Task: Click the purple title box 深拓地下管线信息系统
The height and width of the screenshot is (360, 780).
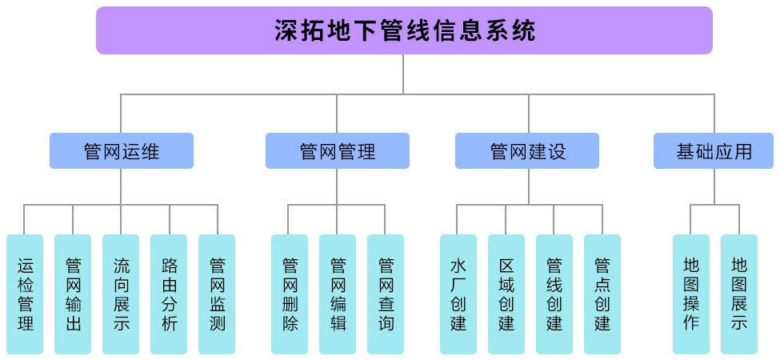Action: (404, 30)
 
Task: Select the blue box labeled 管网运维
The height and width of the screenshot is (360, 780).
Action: (122, 150)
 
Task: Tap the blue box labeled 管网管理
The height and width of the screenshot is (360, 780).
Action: (337, 150)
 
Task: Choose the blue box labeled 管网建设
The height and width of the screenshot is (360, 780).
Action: (527, 150)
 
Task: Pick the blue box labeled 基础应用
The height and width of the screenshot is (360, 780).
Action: (714, 150)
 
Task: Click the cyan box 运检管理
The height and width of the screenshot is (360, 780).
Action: (25, 294)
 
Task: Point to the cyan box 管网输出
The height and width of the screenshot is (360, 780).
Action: (73, 294)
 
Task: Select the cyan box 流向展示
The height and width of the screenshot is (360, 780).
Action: (121, 294)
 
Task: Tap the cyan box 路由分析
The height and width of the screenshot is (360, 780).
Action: (169, 294)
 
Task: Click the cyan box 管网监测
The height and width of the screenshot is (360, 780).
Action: (217, 294)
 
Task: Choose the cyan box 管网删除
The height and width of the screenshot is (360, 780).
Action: (290, 294)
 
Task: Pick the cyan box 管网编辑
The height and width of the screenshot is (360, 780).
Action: (338, 294)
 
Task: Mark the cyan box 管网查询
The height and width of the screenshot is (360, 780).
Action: (386, 294)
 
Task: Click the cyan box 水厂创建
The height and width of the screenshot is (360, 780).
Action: (458, 294)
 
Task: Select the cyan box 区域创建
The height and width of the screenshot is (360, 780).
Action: (506, 294)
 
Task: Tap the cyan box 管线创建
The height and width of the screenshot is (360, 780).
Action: (554, 294)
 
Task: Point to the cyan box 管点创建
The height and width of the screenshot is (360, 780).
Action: (602, 294)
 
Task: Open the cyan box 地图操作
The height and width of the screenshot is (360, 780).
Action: (691, 294)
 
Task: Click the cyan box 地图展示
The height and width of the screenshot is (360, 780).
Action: (739, 294)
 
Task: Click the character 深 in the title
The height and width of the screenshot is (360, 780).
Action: (286, 31)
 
